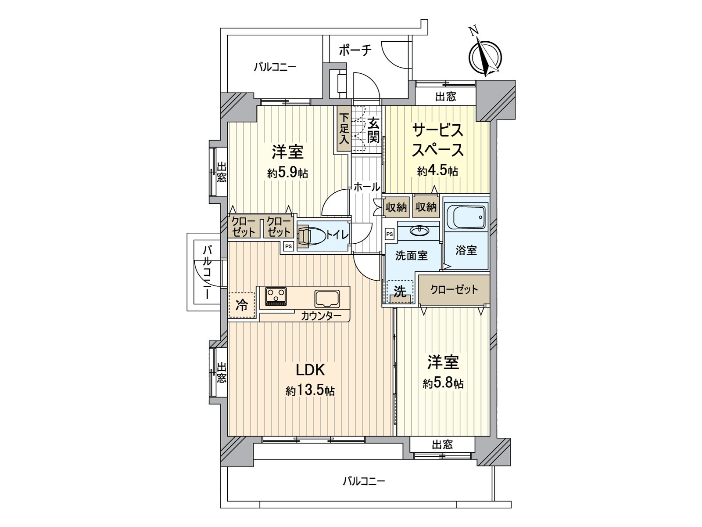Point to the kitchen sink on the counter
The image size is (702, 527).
click(327, 299)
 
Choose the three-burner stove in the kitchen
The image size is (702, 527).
click(276, 296)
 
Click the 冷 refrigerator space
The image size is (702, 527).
click(242, 305)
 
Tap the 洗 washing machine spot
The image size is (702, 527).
click(399, 292)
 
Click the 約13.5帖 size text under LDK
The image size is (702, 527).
click(310, 390)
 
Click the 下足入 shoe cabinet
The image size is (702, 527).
click(344, 130)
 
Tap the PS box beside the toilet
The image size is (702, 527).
click(288, 246)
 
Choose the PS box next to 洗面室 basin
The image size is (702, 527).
click(389, 234)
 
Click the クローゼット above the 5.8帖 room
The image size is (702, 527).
click(454, 290)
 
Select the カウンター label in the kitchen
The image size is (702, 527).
click(321, 316)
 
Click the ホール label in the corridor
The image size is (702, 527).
click(366, 187)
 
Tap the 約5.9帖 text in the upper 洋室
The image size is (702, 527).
click(287, 173)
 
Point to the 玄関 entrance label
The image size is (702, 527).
click(373, 130)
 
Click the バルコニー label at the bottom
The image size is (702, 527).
click(363, 481)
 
